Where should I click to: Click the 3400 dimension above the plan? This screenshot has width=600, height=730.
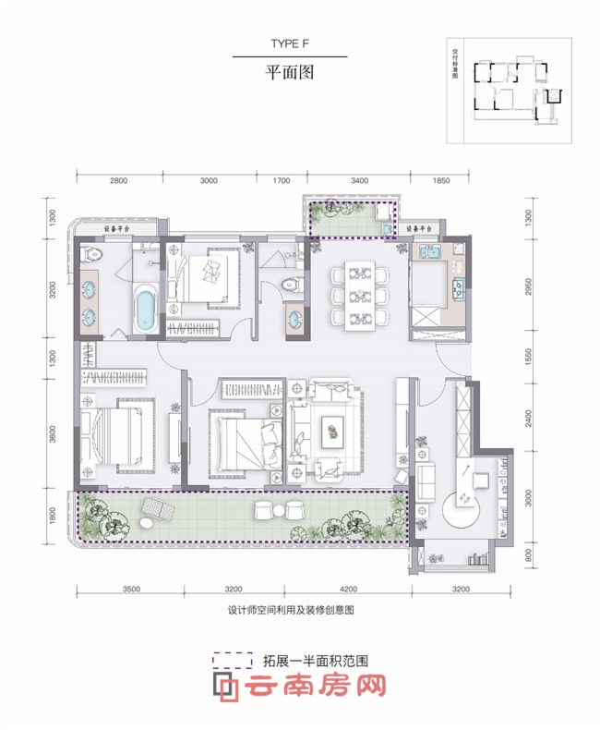pyautogui.click(x=358, y=180)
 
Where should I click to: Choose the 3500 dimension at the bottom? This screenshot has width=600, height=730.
pyautogui.click(x=129, y=588)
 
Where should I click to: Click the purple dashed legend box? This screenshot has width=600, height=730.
pyautogui.click(x=233, y=661)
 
